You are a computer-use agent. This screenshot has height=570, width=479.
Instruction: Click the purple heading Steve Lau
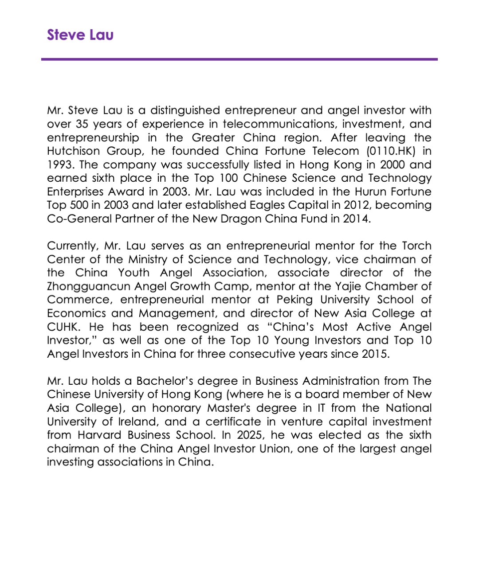coord(80,35)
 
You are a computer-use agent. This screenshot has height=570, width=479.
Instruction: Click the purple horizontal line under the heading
coord(239,59)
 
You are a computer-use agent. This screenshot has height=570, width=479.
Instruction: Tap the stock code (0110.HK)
coord(391,151)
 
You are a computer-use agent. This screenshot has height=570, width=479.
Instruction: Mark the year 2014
coord(356,219)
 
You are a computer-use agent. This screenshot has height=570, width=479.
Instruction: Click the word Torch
coord(416,246)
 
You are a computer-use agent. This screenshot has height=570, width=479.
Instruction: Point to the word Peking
coord(294,300)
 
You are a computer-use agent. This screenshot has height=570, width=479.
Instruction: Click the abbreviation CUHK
coord(63,327)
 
